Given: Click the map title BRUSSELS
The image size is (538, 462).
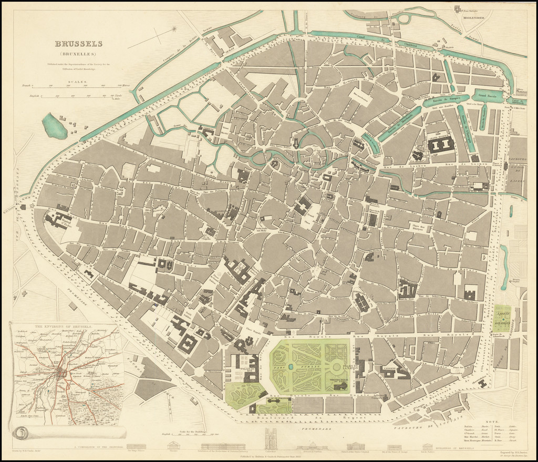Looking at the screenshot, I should (79, 44).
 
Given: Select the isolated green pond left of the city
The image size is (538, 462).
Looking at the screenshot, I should (54, 127).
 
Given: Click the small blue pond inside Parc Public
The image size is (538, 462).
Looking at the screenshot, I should (291, 366).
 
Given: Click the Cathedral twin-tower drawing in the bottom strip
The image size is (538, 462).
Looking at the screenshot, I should (271, 438).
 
